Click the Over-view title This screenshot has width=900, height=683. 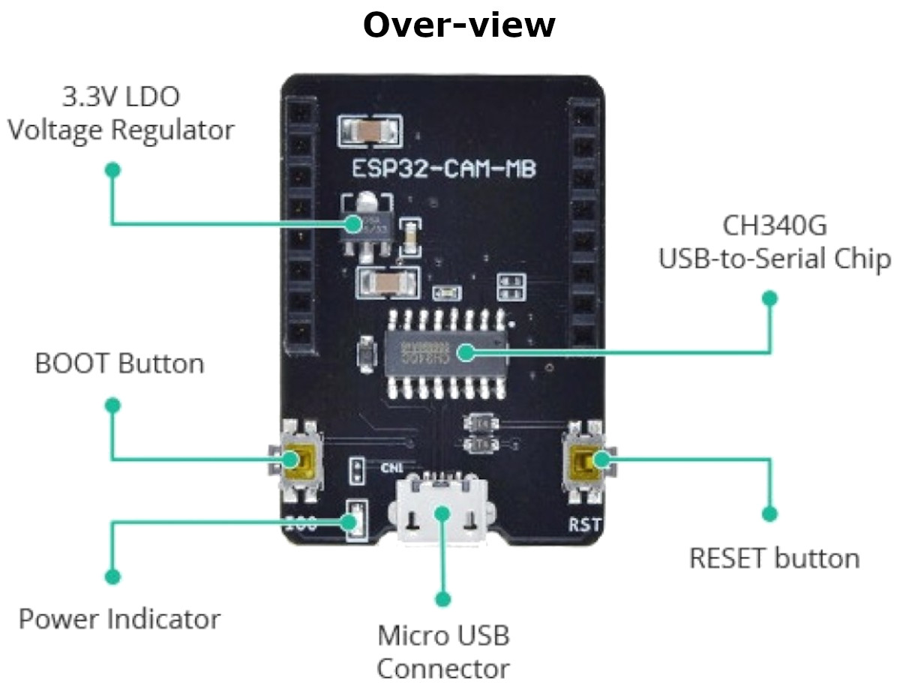point(458,25)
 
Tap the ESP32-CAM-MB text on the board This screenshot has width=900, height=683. point(444,170)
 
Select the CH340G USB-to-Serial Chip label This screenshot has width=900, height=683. point(775,241)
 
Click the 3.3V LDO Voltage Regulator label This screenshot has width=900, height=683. point(120,113)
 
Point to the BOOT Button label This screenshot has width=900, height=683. point(119,364)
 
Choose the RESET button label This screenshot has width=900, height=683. point(774,559)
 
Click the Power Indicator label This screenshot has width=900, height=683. point(119,619)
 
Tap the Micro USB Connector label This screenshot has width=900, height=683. point(443,652)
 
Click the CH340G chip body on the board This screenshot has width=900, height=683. point(442,350)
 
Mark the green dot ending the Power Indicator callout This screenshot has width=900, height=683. point(112,577)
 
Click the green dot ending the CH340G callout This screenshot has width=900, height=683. point(769,298)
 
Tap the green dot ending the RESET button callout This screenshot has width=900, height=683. point(769,514)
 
